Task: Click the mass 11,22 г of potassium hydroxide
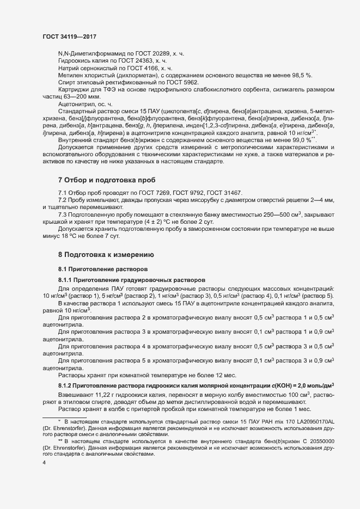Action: [x=102, y=395]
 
